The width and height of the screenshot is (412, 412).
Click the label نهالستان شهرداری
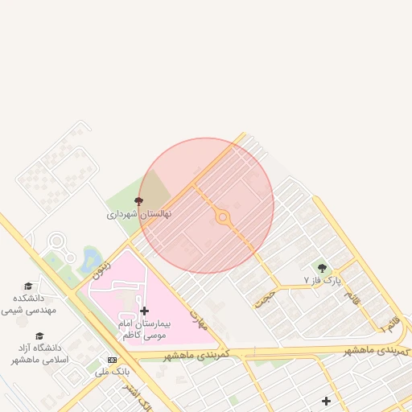[x=139, y=215]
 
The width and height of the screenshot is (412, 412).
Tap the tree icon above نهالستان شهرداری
[x=139, y=201]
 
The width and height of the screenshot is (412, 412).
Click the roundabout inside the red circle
[x=223, y=217]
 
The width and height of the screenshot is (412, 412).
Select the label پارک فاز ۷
[x=323, y=280]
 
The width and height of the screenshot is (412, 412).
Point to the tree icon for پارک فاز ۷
[x=323, y=267]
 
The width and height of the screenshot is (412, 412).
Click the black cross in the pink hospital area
[x=144, y=311]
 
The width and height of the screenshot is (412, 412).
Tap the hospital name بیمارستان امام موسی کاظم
[x=142, y=328]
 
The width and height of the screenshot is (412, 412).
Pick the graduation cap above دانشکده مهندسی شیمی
[x=28, y=286]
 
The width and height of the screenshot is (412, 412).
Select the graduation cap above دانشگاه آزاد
[x=39, y=336]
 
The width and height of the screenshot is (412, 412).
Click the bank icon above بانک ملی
[x=112, y=360]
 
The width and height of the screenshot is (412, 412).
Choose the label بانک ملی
[x=112, y=372]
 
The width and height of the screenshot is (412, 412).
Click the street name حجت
[x=263, y=299]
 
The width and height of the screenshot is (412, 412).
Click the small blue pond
[x=89, y=258]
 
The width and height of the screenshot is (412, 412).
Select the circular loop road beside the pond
[x=56, y=241]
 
